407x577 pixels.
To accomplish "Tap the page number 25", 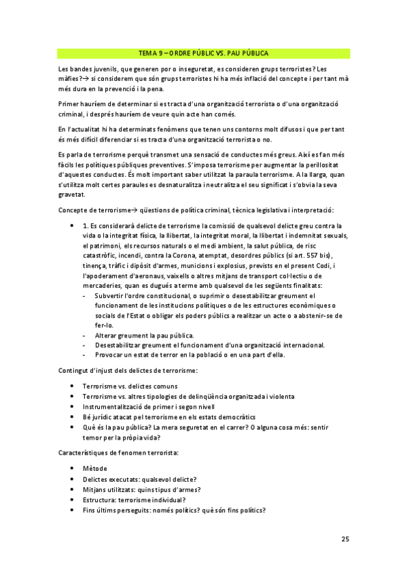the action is coord(345,539).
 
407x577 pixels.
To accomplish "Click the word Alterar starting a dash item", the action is coord(106,335).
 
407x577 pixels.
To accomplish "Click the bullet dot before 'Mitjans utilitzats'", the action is coord(72,489).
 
